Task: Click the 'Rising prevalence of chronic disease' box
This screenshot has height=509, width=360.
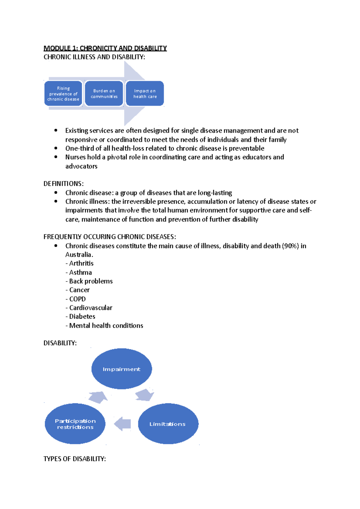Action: coord(63,94)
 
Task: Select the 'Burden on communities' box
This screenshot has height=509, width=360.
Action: coord(104,94)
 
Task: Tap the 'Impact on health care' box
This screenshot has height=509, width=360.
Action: coord(145,94)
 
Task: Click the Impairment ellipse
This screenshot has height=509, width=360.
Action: coord(121,369)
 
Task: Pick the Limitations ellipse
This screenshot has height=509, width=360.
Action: coord(168,424)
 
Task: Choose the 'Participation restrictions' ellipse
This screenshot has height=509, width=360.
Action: coord(75,424)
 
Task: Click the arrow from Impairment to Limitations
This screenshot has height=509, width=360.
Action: coord(145,395)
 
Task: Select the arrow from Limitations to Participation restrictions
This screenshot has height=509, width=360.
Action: coord(123,424)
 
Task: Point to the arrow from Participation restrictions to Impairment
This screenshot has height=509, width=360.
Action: coord(98,397)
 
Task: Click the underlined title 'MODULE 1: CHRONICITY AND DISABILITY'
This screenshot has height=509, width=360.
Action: coord(105,48)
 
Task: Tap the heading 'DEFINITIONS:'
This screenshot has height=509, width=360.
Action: coord(64,184)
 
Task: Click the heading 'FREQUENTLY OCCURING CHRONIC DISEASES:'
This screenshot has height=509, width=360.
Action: coord(109,237)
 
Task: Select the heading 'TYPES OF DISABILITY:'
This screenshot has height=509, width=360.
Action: coord(74,459)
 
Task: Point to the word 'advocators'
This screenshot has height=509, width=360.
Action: coord(81,166)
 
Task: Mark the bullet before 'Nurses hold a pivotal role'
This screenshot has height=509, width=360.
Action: coord(56,157)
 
